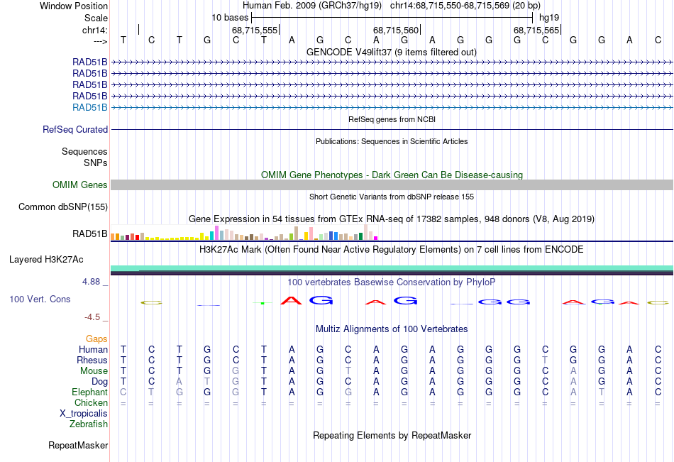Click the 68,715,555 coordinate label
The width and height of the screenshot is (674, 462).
[255, 30]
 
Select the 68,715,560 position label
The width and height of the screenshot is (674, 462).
[396, 30]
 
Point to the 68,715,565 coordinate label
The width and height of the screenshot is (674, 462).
[536, 30]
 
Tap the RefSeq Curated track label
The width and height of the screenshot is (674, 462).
[75, 130]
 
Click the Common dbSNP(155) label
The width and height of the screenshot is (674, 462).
[63, 207]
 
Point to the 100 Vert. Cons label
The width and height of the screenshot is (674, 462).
[40, 299]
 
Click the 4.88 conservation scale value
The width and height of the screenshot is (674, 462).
[92, 282]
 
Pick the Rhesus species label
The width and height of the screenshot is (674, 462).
[92, 361]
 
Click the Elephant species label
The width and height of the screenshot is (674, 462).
[90, 392]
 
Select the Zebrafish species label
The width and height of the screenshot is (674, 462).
[89, 424]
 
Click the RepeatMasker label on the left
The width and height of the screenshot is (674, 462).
[78, 446]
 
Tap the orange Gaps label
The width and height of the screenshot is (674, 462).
[96, 339]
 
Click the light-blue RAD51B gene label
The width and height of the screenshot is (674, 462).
[90, 108]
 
